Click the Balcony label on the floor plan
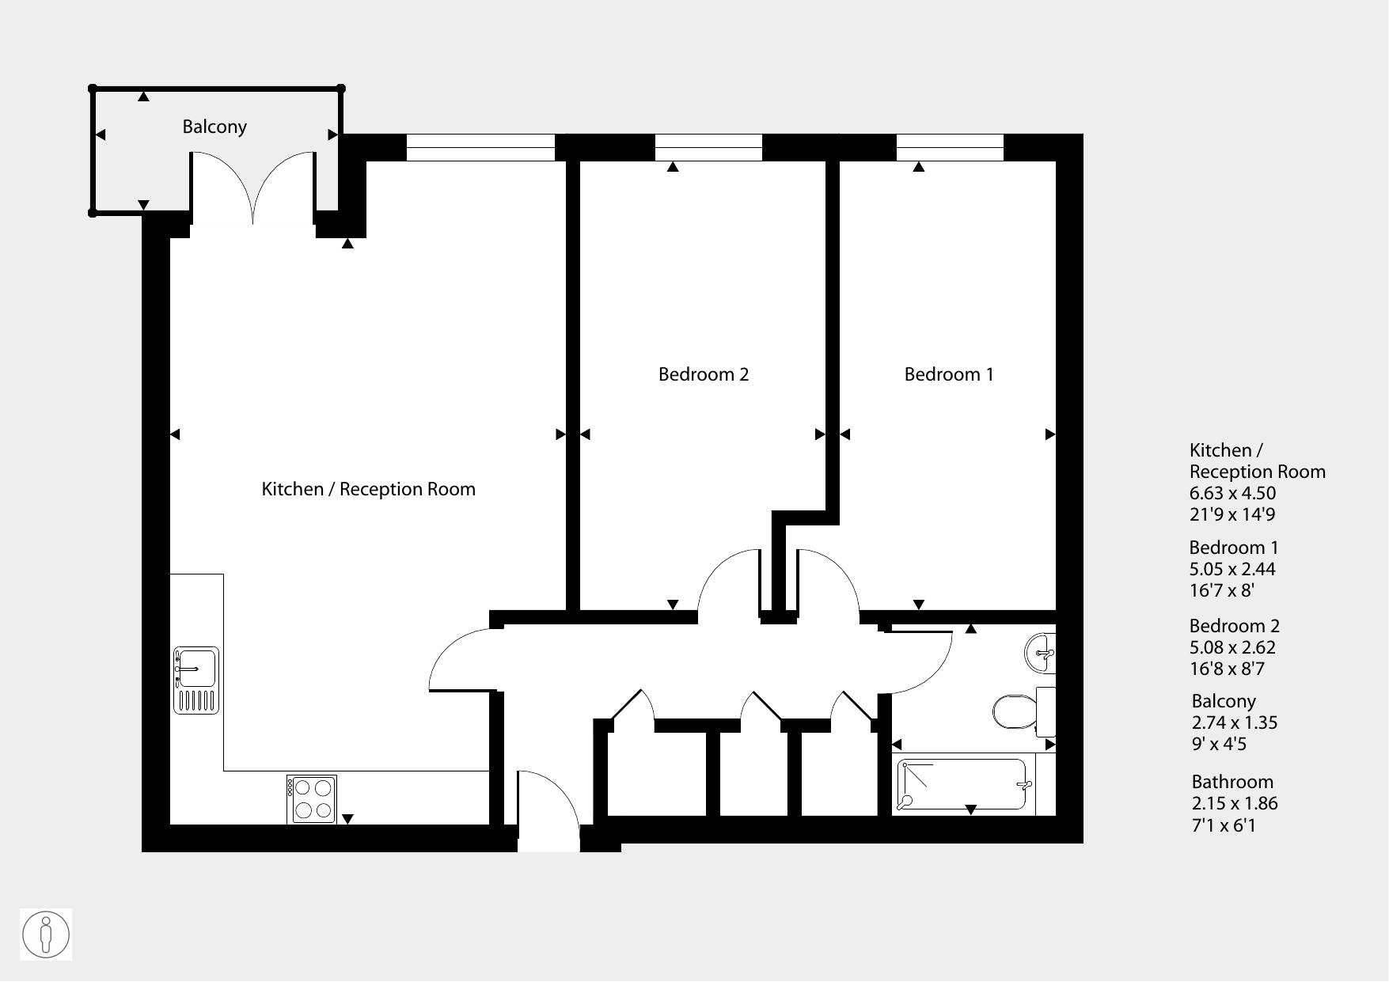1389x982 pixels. (x=214, y=127)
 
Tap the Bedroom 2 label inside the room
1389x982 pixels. (x=704, y=374)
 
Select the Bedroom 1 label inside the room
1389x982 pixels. (x=949, y=374)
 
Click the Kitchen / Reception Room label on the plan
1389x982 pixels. (x=369, y=489)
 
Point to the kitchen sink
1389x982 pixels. (x=196, y=681)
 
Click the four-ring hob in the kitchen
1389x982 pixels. (x=312, y=799)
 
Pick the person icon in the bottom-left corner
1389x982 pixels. (x=46, y=935)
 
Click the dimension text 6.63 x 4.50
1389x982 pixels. (x=1233, y=493)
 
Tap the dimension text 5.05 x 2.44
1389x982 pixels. (x=1233, y=569)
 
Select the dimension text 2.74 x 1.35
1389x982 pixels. (x=1235, y=722)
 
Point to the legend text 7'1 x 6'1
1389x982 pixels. (x=1224, y=825)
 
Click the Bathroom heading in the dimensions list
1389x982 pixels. (x=1232, y=782)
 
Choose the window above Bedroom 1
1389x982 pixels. (x=950, y=148)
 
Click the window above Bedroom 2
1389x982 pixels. (x=708, y=148)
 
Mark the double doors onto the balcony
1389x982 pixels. (x=253, y=190)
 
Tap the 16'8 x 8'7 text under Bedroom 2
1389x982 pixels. (x=1227, y=669)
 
